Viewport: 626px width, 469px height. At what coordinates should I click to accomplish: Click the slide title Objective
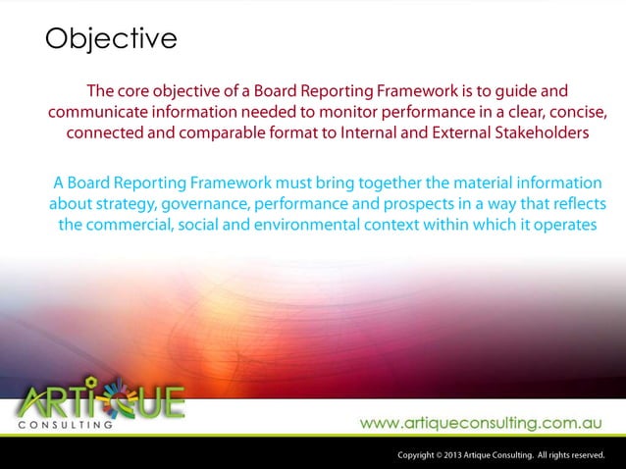click(x=111, y=39)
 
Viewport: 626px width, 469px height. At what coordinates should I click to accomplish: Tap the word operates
click(x=562, y=226)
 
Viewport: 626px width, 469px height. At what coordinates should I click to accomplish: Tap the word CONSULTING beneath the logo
click(x=66, y=425)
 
